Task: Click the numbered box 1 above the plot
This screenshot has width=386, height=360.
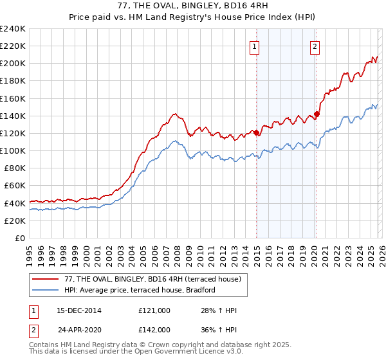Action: pyautogui.click(x=255, y=46)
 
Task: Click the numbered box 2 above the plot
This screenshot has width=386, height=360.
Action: pyautogui.click(x=315, y=46)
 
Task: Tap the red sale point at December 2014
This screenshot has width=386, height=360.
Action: pyautogui.click(x=257, y=132)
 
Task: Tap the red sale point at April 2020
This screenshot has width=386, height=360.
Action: pyautogui.click(x=317, y=114)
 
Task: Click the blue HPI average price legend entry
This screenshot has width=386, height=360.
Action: pyautogui.click(x=140, y=291)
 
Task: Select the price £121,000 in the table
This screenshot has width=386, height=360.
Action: pyautogui.click(x=154, y=311)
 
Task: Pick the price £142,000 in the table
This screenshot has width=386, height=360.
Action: pyautogui.click(x=154, y=329)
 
